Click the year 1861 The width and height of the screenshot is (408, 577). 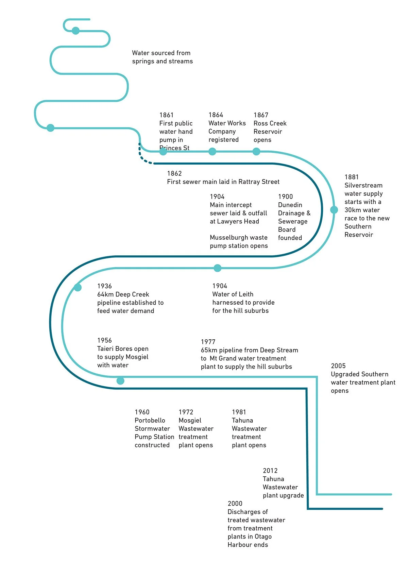[x=166, y=115]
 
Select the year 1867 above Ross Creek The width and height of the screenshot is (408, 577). [x=261, y=115]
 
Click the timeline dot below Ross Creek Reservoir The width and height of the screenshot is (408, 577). [x=256, y=151]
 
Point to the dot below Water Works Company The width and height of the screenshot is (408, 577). [x=212, y=151]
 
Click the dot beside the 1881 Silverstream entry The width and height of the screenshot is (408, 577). [x=334, y=210]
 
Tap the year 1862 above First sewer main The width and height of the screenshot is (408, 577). [x=174, y=173]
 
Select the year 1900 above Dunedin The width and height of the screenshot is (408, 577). [x=285, y=197]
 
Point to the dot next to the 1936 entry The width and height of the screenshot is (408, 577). [x=78, y=287]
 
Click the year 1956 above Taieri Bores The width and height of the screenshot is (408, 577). [x=105, y=340]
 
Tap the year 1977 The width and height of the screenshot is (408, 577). [x=208, y=342]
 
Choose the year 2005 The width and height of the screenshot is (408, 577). [x=338, y=366]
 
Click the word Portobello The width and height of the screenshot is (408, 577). [x=150, y=420]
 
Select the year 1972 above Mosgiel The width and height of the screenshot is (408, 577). [x=186, y=412]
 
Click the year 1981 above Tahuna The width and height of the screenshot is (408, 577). [x=239, y=412]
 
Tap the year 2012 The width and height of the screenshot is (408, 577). [x=270, y=471]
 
